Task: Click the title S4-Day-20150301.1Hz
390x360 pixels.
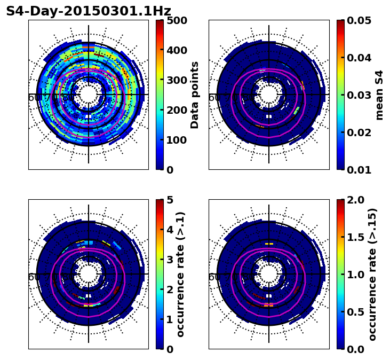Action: coord(89,11)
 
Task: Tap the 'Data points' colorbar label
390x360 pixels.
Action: coord(195,95)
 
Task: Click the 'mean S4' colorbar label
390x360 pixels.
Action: coord(379,95)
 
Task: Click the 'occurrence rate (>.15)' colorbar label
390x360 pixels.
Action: coord(372,274)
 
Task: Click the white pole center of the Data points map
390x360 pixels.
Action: coord(89,95)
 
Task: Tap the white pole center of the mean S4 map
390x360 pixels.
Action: coord(269,95)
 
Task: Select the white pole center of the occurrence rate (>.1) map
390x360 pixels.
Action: coord(89,274)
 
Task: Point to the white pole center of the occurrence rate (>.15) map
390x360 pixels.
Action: coord(269,274)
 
